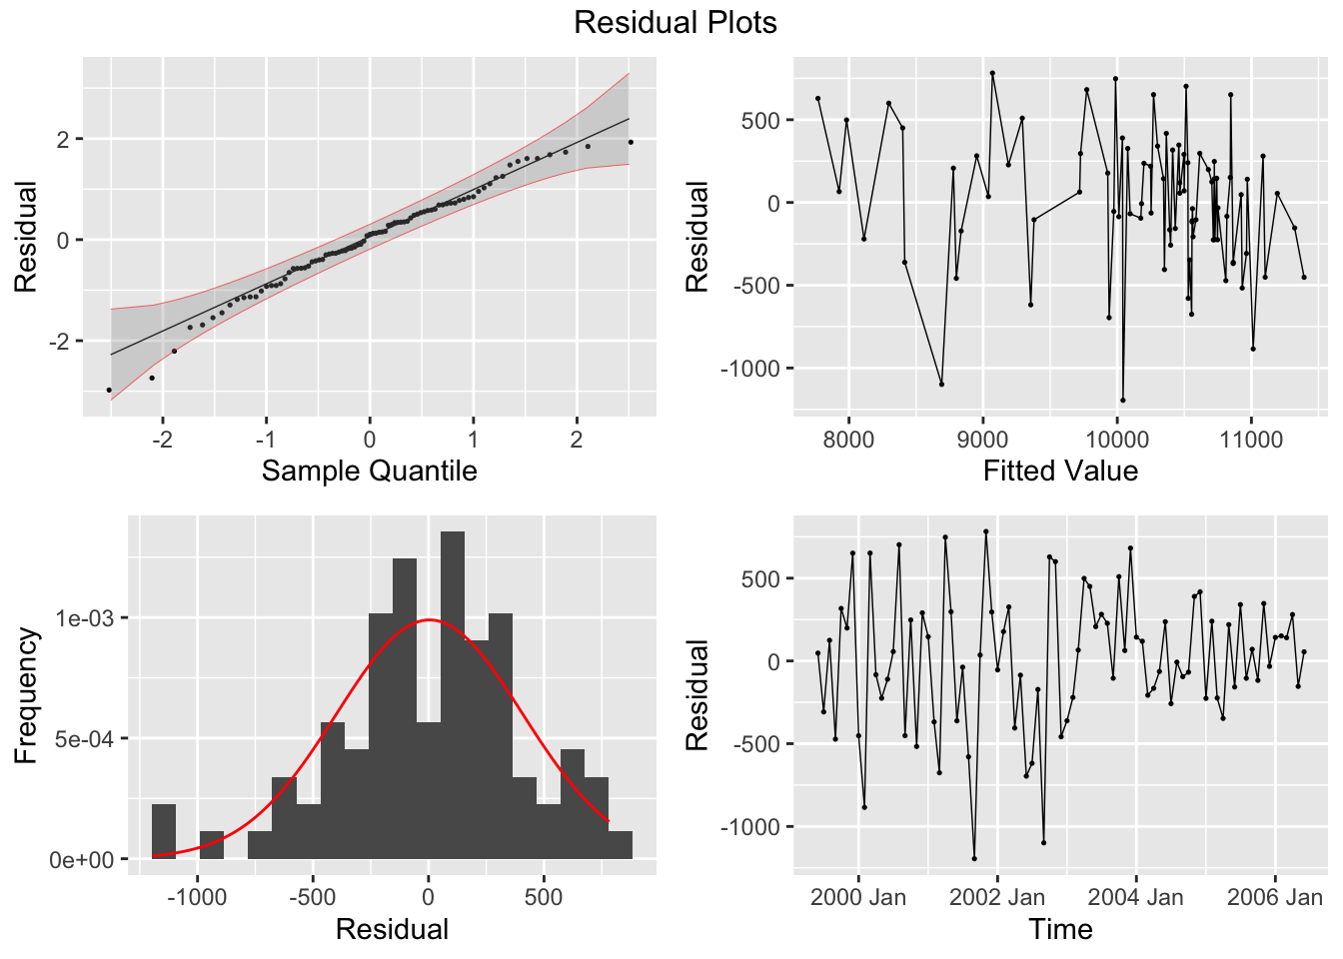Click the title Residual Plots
pyautogui.click(x=674, y=22)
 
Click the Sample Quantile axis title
pyautogui.click(x=369, y=471)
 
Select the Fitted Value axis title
pyautogui.click(x=1060, y=471)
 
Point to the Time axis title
pyautogui.click(x=1060, y=929)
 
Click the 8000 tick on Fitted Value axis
pyautogui.click(x=847, y=440)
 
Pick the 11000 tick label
pyautogui.click(x=1251, y=440)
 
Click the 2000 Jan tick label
pyautogui.click(x=857, y=897)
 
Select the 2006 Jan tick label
pyautogui.click(x=1274, y=897)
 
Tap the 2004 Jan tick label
pyautogui.click(x=1135, y=897)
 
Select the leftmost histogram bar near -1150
pyautogui.click(x=164, y=831)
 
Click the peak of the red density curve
pyautogui.click(x=429, y=619)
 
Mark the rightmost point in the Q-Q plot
pyautogui.click(x=631, y=142)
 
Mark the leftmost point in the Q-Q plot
pyautogui.click(x=109, y=390)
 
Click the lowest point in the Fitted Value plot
pyautogui.click(x=1122, y=401)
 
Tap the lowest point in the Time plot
pyautogui.click(x=974, y=858)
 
